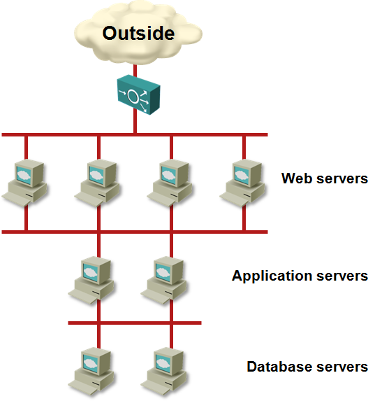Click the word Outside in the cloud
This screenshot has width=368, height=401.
tap(138, 34)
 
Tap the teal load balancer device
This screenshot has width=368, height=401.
tap(138, 94)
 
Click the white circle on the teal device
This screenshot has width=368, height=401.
tap(133, 97)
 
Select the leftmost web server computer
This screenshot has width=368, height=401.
tap(24, 183)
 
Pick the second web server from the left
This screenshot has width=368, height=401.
tap(97, 183)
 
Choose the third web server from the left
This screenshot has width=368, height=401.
tap(170, 183)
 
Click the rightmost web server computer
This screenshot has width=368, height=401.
tap(242, 183)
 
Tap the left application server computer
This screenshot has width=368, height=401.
tap(91, 281)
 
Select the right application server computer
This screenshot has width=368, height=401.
tap(163, 281)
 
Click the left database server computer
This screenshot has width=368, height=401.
tap(91, 372)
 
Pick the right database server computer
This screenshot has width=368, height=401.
tap(163, 372)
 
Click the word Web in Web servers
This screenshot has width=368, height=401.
tap(297, 178)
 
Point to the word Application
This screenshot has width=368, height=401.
tap(272, 276)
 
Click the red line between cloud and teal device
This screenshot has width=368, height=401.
tap(135, 71)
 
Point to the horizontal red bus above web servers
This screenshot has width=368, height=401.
tap(135, 134)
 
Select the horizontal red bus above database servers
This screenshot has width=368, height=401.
tap(135, 323)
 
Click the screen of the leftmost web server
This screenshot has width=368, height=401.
tap(24, 175)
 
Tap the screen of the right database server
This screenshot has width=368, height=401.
tap(163, 363)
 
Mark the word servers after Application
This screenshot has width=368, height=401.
tap(342, 276)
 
